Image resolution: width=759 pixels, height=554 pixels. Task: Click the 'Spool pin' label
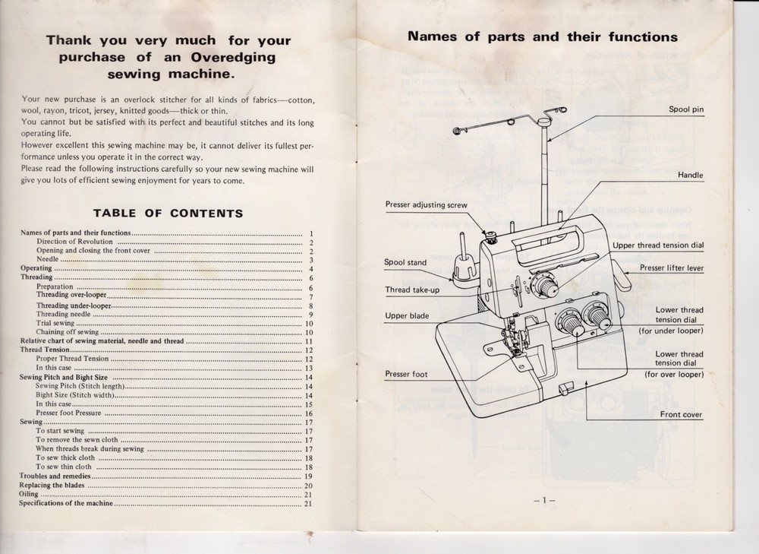point(685,109)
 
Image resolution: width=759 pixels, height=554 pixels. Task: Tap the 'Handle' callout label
point(690,176)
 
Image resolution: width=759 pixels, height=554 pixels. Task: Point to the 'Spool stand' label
point(405,262)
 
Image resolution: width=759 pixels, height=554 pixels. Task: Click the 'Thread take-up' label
point(412,290)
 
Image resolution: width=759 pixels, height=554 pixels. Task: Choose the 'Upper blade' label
point(407,315)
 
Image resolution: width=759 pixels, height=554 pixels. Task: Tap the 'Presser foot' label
point(406,374)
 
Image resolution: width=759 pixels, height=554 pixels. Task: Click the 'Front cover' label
point(681,414)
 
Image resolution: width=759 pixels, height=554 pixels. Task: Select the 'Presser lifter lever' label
point(671,268)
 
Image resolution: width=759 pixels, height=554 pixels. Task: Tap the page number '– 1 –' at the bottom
point(544,500)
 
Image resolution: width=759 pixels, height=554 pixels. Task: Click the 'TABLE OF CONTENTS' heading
point(167,214)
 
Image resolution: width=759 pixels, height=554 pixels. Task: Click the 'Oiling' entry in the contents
point(28,494)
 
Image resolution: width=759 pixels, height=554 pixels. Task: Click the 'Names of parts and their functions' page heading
point(543,36)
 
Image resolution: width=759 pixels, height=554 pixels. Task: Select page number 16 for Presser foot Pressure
point(308,413)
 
